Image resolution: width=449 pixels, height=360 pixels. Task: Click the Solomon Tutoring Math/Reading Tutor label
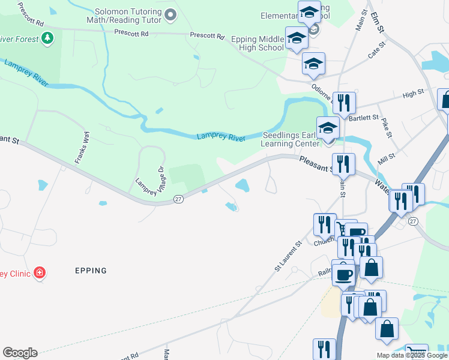click(128, 16)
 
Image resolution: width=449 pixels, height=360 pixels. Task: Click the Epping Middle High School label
click(258, 44)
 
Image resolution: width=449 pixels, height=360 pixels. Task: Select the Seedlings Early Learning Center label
click(291, 140)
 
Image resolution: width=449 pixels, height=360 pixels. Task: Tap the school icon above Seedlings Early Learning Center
click(328, 128)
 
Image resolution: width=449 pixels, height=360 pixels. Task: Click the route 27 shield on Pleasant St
click(178, 199)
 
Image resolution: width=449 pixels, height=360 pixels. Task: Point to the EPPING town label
click(91, 271)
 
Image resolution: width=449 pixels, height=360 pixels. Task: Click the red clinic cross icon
click(40, 274)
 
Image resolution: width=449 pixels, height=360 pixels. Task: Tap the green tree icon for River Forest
click(47, 38)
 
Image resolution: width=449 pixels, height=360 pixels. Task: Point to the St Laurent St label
click(288, 257)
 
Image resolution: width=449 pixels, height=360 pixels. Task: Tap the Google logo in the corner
click(20, 353)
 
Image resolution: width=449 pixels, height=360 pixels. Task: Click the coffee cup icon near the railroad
click(343, 274)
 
